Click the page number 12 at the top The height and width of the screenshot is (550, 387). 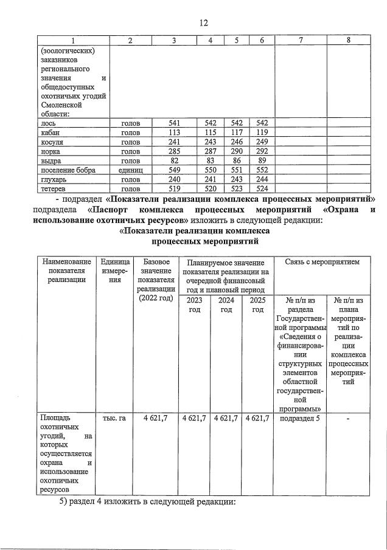(203, 22)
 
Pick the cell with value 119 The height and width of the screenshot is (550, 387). (260, 132)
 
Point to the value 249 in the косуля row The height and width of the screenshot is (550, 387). (260, 142)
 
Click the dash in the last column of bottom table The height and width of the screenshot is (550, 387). (348, 418)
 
